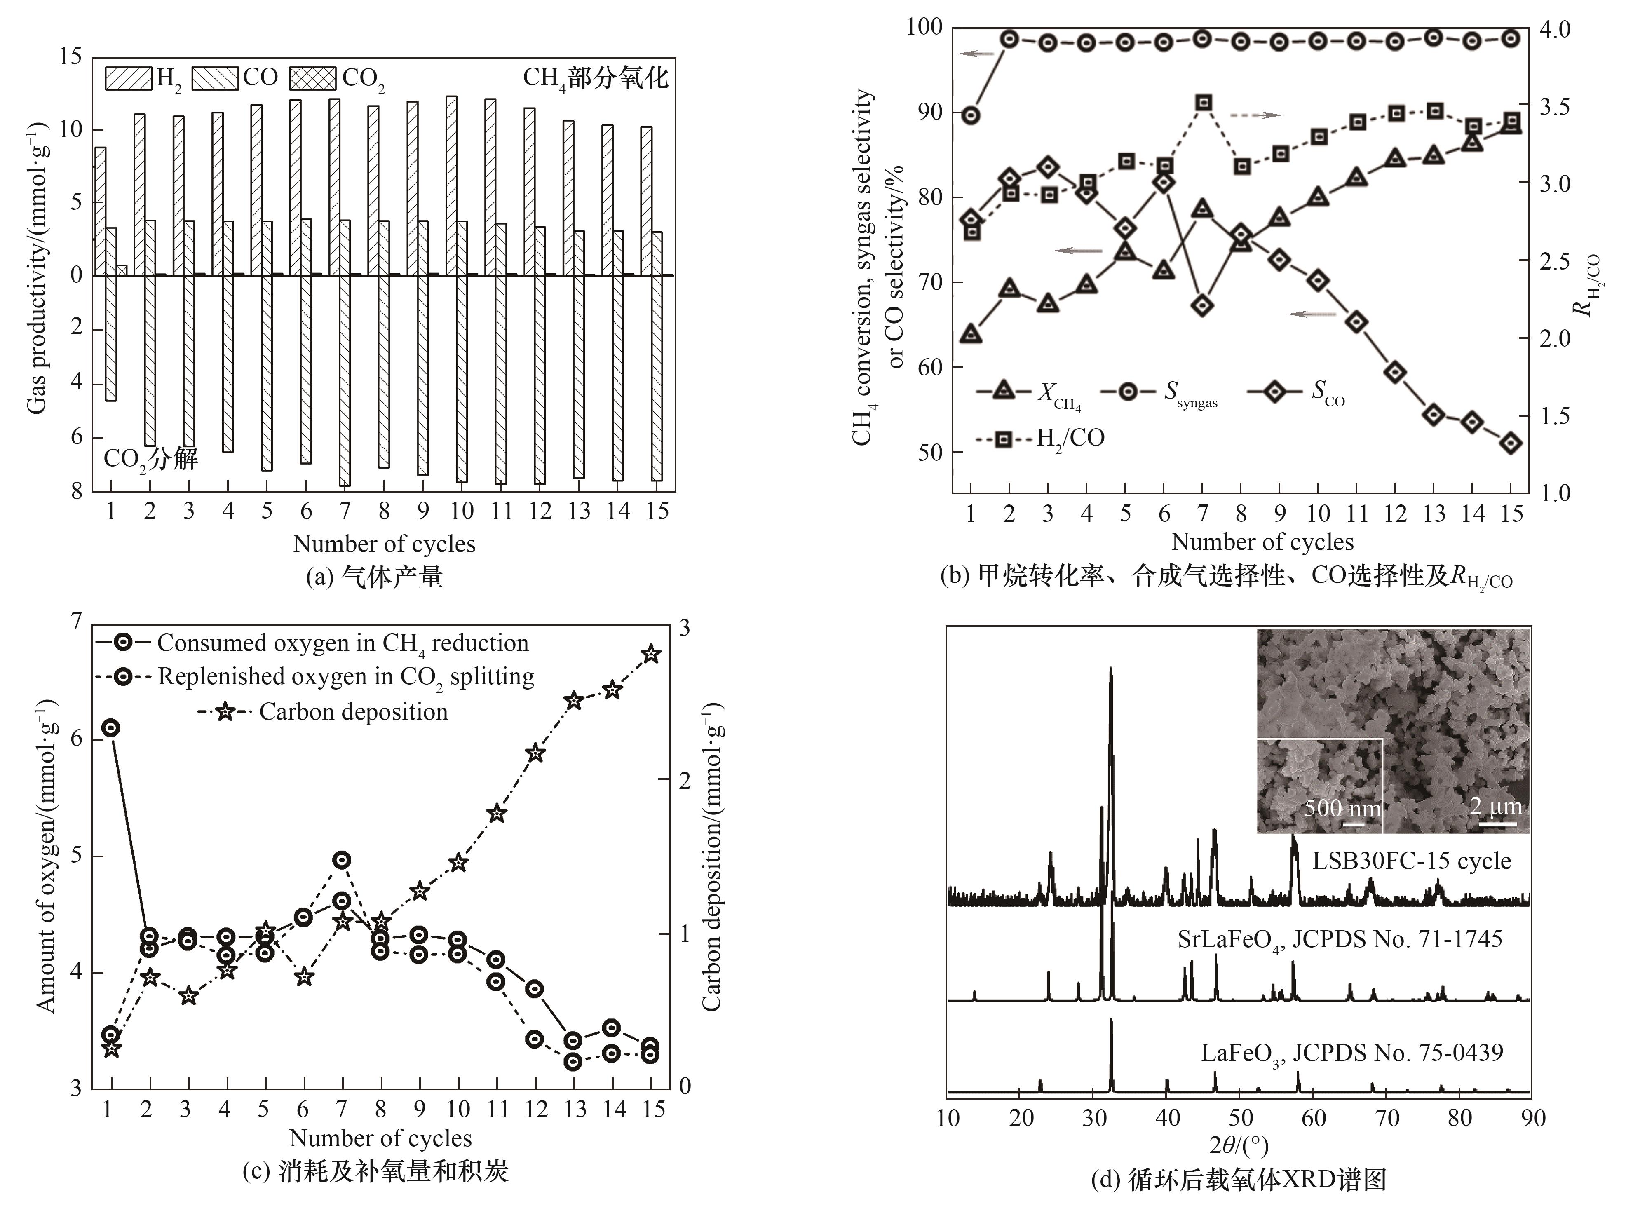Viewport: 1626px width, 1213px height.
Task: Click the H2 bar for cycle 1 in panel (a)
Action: click(x=101, y=211)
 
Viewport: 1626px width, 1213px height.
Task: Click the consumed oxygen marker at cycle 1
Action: click(x=111, y=727)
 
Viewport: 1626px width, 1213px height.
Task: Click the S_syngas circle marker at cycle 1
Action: click(x=971, y=115)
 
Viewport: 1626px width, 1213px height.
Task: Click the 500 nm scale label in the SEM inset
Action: click(x=1342, y=808)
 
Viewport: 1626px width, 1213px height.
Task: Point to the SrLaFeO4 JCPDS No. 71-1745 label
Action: click(x=1340, y=940)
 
